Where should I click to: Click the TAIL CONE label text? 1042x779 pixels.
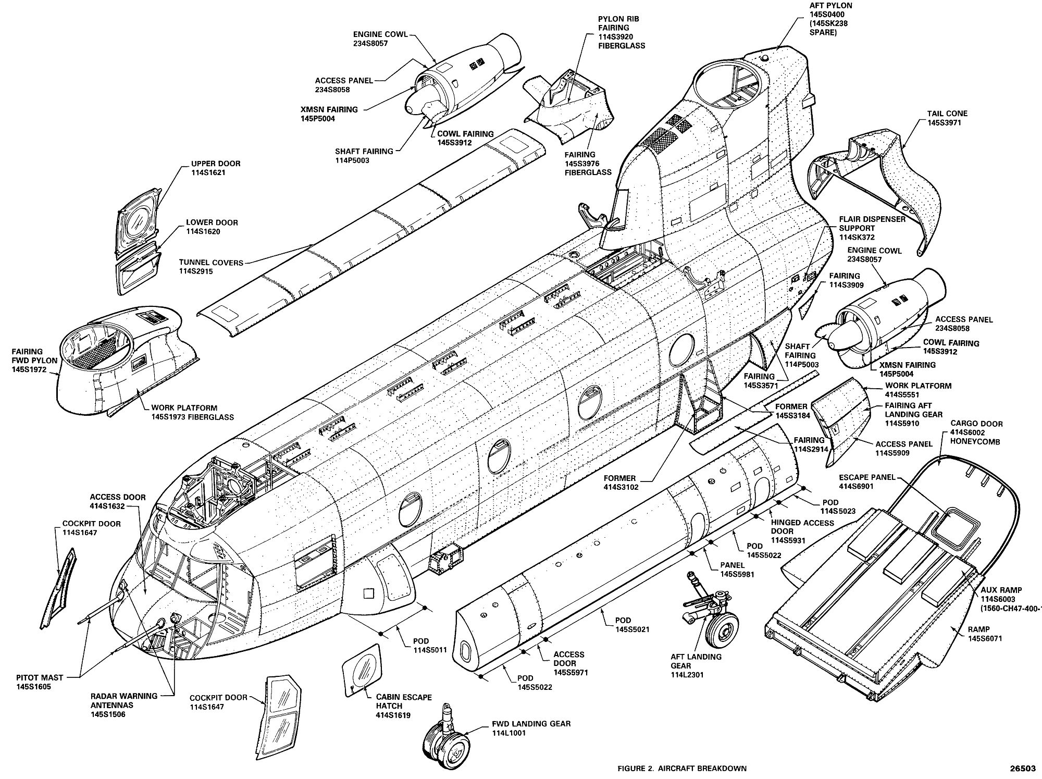point(947,114)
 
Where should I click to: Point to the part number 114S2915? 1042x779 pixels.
point(196,271)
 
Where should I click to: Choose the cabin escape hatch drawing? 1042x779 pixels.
point(361,670)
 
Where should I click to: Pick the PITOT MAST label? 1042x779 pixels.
point(39,678)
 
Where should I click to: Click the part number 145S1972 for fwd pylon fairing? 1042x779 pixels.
point(29,369)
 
